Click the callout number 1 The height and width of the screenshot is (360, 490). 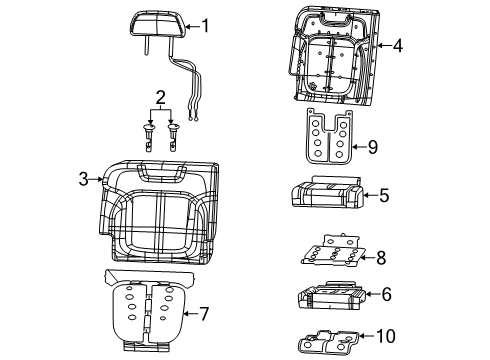pos(206,26)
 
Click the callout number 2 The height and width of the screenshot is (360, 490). pos(160,97)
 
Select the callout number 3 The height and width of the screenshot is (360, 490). pos(84,180)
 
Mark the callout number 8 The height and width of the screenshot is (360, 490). pos(379,257)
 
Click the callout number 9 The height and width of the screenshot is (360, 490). pos(371,147)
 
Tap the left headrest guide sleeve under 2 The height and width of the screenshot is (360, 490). pos(149,133)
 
